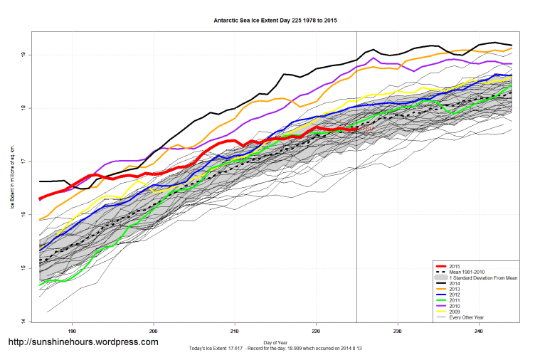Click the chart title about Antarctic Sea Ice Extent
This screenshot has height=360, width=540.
pos(275,21)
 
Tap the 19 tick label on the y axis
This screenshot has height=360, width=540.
pos(24,55)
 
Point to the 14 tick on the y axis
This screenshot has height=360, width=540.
pos(24,321)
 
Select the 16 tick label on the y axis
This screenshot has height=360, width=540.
pos(24,215)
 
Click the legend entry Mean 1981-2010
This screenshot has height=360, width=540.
pos(470,271)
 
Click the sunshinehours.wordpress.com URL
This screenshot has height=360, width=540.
pos(83,342)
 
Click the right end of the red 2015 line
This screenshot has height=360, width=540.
pos(356,129)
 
